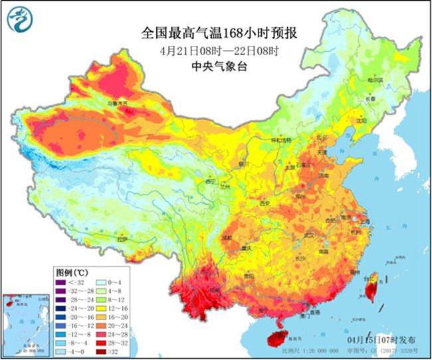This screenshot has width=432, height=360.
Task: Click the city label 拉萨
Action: point(122,237)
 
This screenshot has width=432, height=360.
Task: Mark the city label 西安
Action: point(265,203)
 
